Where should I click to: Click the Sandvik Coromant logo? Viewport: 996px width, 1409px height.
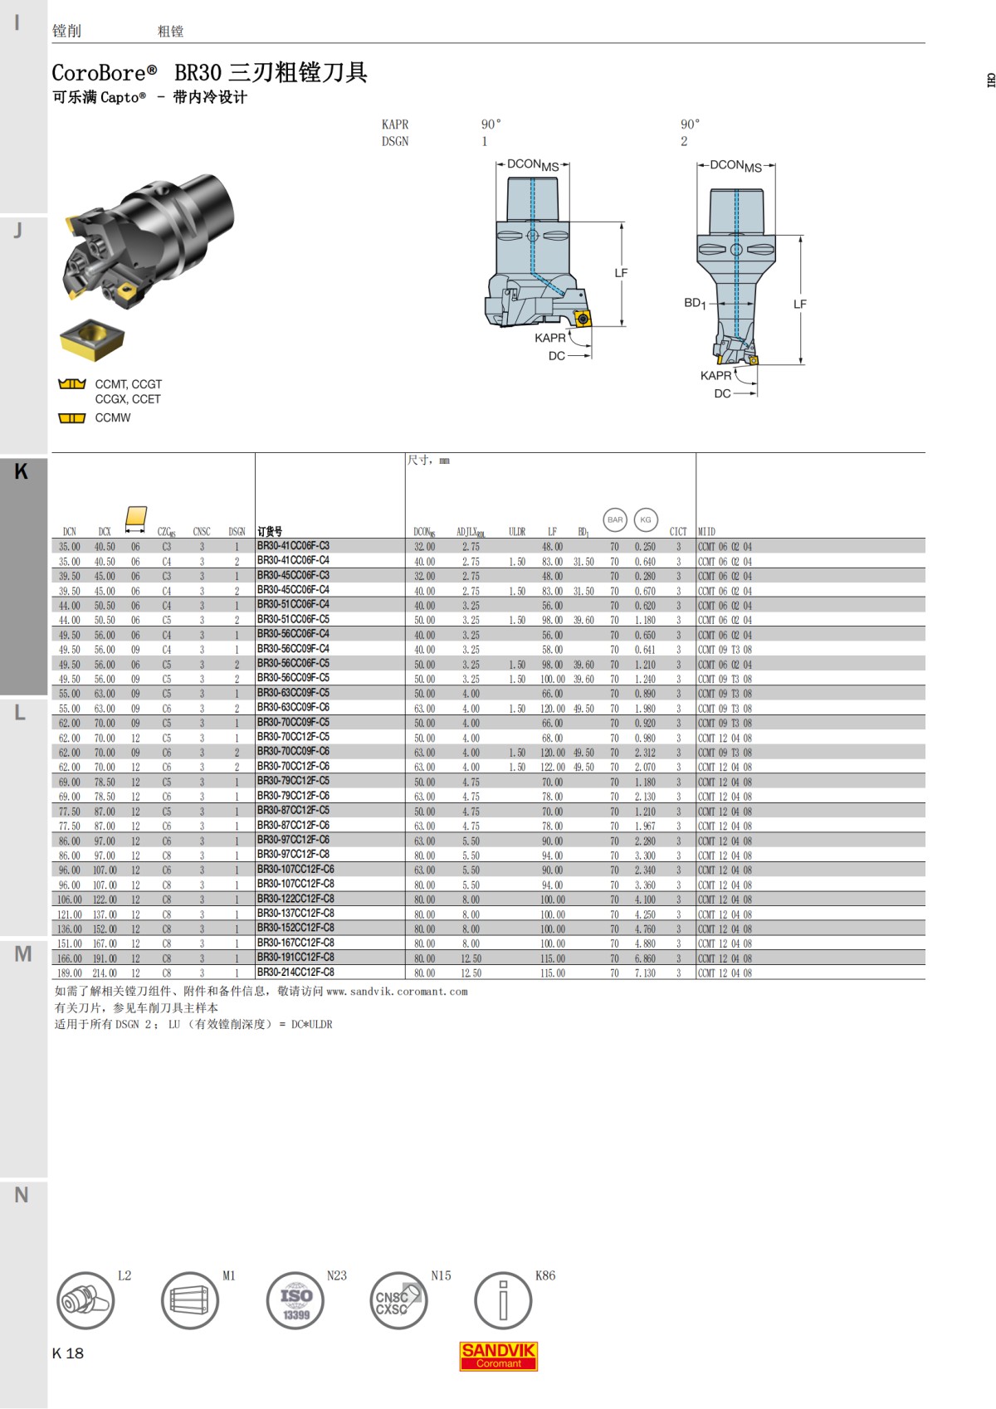[498, 1356]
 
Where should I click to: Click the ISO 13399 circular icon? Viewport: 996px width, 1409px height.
[295, 1300]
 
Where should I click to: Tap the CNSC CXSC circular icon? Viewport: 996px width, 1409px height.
[398, 1300]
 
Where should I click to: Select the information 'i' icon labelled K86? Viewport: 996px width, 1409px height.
[502, 1300]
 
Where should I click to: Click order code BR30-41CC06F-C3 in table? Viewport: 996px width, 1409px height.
[293, 546]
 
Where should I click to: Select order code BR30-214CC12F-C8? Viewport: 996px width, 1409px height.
[295, 973]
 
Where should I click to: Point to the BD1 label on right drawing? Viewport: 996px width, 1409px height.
[695, 303]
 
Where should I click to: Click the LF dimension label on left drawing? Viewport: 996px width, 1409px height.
[621, 273]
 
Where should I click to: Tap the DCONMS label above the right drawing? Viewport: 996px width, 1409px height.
[735, 166]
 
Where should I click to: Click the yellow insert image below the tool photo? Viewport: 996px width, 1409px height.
[92, 339]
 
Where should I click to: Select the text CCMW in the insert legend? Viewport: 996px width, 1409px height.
[113, 417]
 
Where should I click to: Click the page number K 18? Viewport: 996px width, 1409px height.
[68, 1353]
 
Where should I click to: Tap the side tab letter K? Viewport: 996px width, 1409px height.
[22, 471]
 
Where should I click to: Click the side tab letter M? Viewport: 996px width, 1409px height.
[22, 954]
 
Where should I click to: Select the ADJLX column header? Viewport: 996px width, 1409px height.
[471, 532]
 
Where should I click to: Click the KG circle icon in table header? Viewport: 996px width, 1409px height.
[645, 520]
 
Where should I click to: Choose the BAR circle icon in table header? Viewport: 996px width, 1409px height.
[614, 520]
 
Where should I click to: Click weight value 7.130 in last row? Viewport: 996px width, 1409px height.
[645, 973]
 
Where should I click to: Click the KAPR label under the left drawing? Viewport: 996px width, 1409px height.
[549, 338]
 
